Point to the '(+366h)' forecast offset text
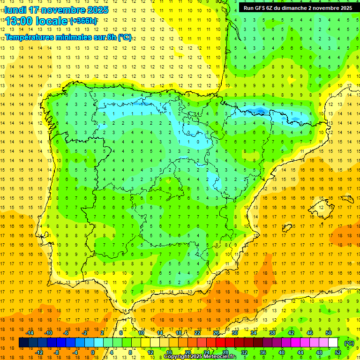tap(83, 21)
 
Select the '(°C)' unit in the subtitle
tap(125, 37)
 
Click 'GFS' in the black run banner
tap(264, 8)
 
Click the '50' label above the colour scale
tap(329, 333)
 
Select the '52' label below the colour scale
tap(338, 352)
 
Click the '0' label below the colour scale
tap(93, 352)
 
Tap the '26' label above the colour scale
tap(216, 333)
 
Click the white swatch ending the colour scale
tap(333, 343)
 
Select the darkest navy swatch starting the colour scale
tap(23, 343)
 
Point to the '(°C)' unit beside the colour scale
tap(349, 343)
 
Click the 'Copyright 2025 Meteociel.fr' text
tap(200, 357)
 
